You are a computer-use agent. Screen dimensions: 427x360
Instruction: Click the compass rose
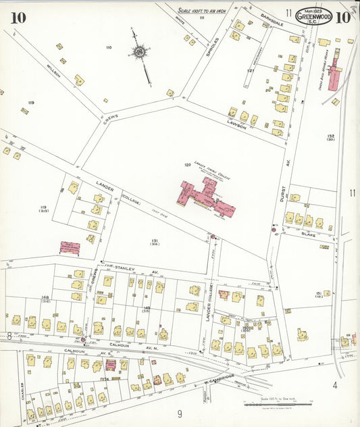[140, 51]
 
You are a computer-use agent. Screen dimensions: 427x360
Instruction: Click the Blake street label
[309, 234]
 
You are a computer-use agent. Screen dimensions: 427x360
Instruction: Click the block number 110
[108, 48]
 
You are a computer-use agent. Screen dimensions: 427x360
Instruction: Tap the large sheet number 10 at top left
[18, 18]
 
